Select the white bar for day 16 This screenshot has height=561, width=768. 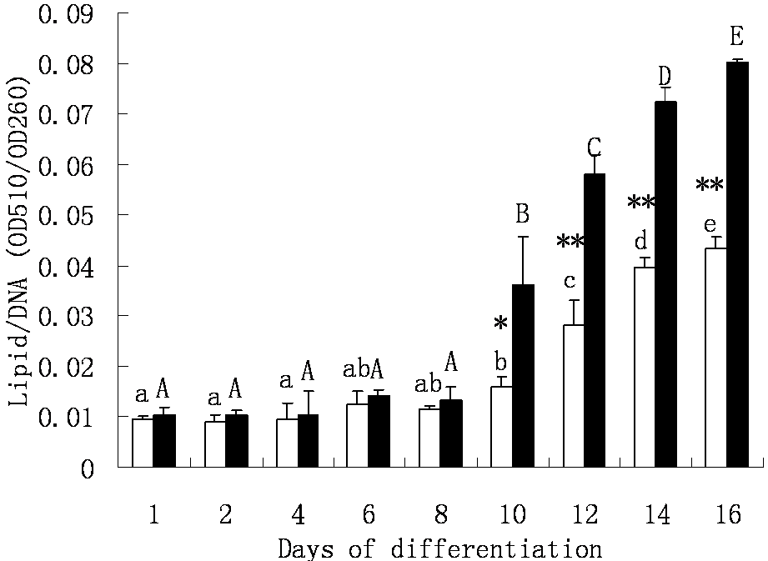click(716, 358)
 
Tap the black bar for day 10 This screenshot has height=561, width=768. click(523, 375)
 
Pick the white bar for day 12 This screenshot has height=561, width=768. click(574, 396)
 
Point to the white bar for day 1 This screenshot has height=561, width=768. click(143, 442)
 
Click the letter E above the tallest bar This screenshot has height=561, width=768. click(736, 37)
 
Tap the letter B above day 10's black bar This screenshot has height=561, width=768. click(523, 215)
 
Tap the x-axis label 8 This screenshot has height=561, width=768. click(439, 515)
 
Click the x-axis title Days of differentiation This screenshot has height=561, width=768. click(439, 548)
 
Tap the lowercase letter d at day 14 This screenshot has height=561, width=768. click(640, 243)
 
